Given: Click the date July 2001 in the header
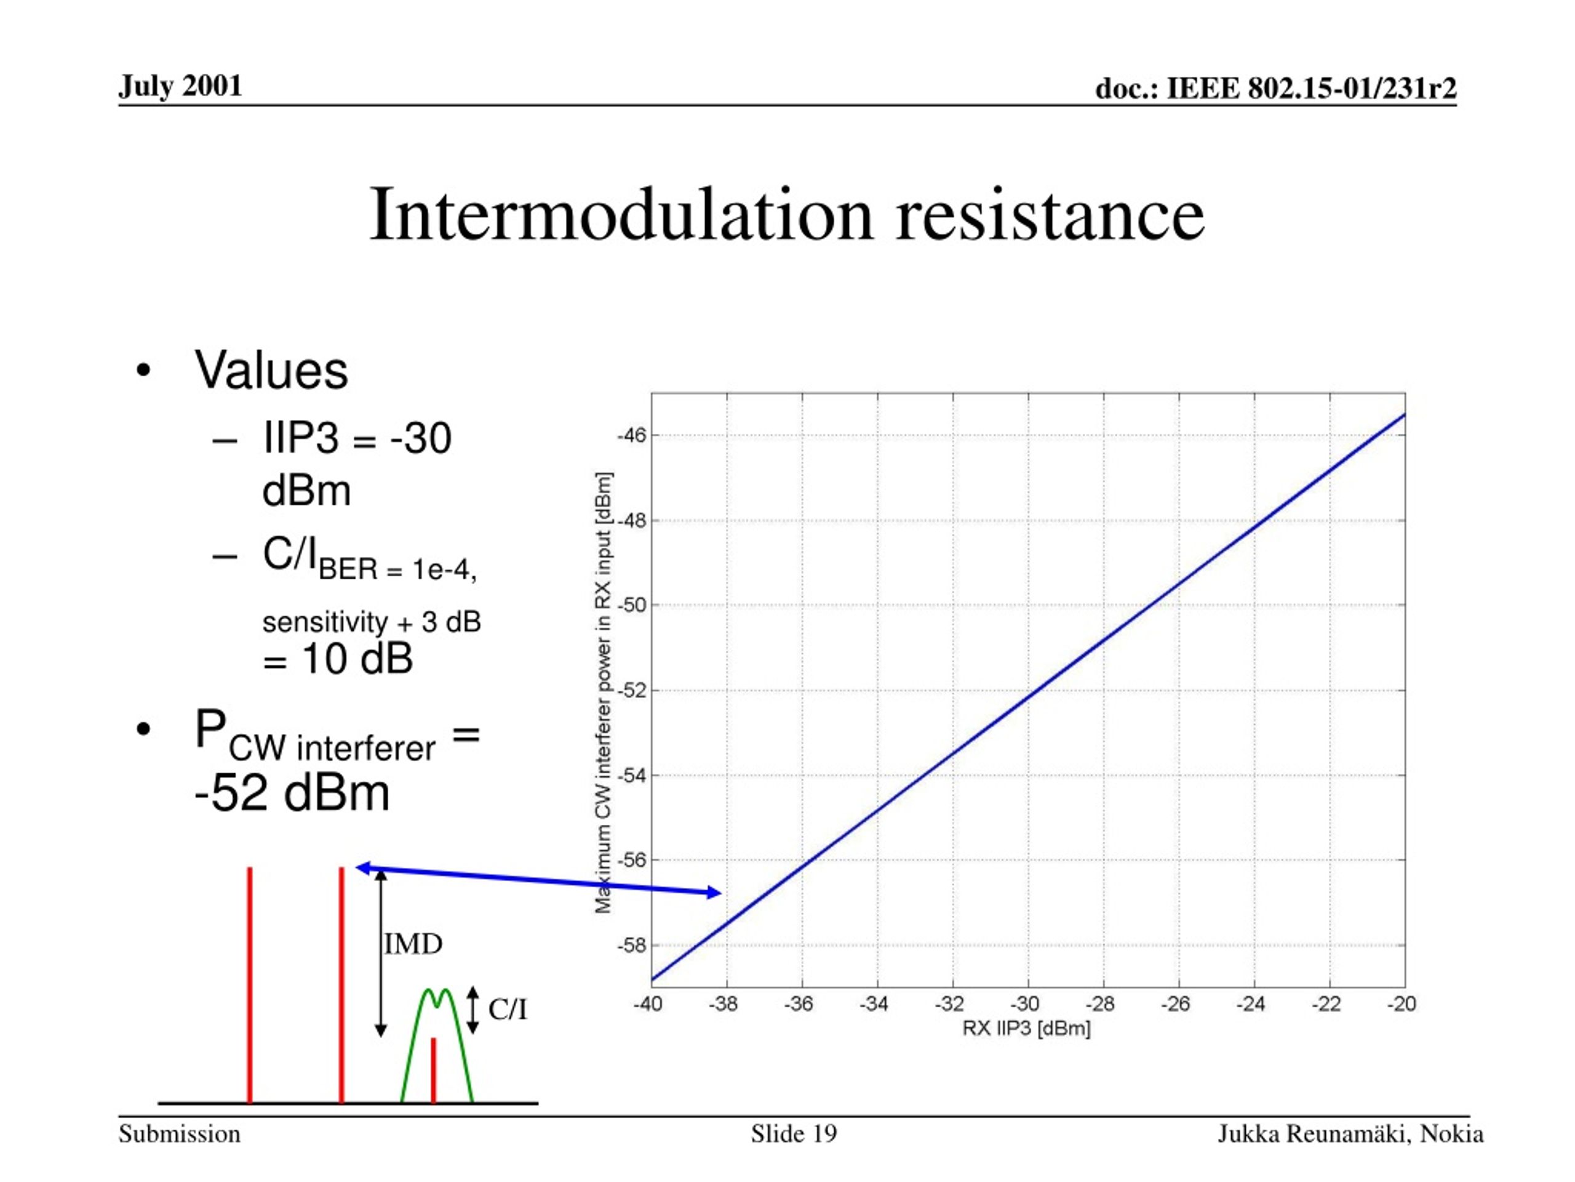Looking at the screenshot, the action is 180,86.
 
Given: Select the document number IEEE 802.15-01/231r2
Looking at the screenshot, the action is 1312,89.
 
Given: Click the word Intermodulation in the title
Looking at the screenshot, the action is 621,214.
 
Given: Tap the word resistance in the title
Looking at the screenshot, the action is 1050,214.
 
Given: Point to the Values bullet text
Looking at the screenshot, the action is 271,371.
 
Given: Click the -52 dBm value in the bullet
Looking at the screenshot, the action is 292,793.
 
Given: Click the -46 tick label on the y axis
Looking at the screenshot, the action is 632,435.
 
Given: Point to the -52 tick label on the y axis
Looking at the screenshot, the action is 632,690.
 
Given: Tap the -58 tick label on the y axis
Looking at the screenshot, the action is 632,946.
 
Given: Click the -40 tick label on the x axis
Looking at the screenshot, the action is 648,1004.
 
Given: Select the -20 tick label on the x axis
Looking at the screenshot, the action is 1402,1004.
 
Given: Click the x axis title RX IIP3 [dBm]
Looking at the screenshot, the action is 1026,1029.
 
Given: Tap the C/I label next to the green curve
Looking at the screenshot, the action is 508,1010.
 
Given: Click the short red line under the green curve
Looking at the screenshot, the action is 433,1070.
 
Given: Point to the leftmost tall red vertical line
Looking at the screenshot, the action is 250,984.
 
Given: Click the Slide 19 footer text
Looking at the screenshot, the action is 794,1133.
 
